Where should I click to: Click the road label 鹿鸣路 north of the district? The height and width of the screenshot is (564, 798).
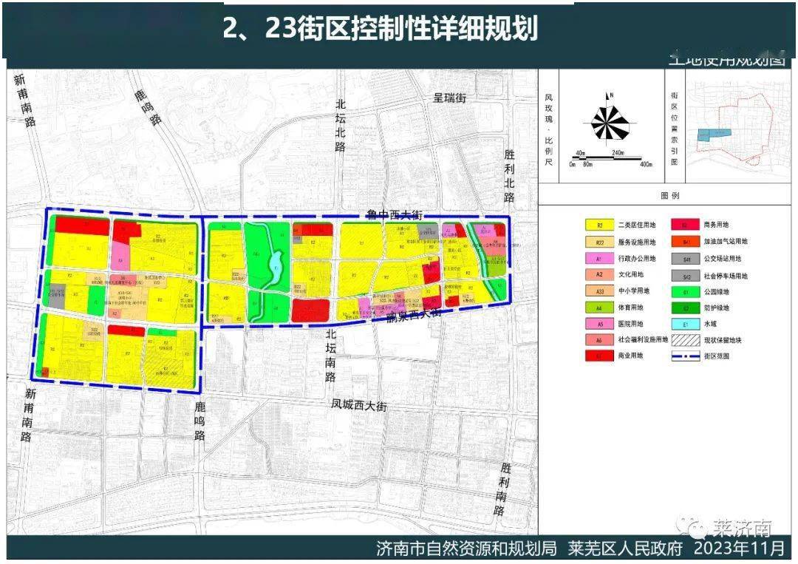[148, 108]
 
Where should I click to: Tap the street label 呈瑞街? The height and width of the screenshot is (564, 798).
[449, 97]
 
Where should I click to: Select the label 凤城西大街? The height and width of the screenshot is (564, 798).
[359, 406]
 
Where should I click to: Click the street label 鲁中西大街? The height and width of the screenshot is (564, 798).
[394, 214]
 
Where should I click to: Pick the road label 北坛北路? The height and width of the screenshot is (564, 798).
[340, 126]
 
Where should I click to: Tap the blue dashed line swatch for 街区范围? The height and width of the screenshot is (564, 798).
[686, 356]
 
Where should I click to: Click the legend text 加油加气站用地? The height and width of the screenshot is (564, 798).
[724, 241]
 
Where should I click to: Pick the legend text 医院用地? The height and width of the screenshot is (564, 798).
[635, 322]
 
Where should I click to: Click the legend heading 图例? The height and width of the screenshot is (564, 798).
[669, 196]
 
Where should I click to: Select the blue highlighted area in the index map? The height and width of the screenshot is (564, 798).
[714, 134]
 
